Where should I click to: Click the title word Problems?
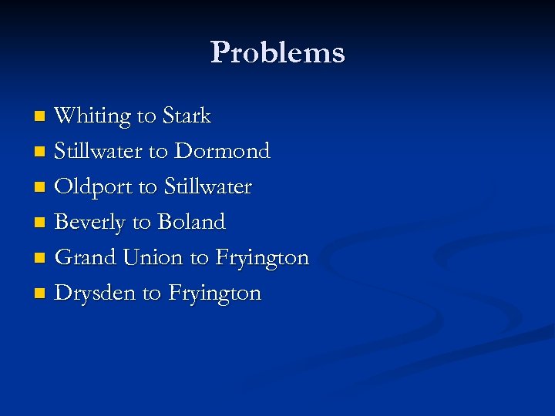(x=277, y=52)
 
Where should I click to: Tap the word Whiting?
(x=92, y=116)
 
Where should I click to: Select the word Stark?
(x=186, y=116)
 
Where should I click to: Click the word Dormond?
(x=223, y=151)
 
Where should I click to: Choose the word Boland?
(x=191, y=223)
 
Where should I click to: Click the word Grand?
(x=86, y=257)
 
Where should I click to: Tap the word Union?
(x=155, y=257)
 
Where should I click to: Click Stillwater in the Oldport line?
(x=208, y=187)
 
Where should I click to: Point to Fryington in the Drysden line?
(x=215, y=294)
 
